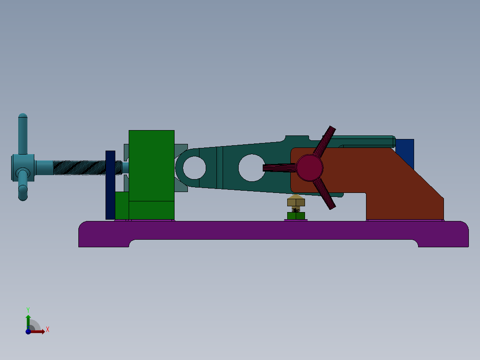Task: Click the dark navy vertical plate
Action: (x=110, y=184)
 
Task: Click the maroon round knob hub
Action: (x=309, y=168)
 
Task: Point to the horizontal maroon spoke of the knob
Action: (x=278, y=168)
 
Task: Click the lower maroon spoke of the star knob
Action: (x=326, y=196)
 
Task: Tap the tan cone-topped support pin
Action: (x=296, y=201)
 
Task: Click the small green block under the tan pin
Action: (x=296, y=216)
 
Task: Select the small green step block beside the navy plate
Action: (x=122, y=205)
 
